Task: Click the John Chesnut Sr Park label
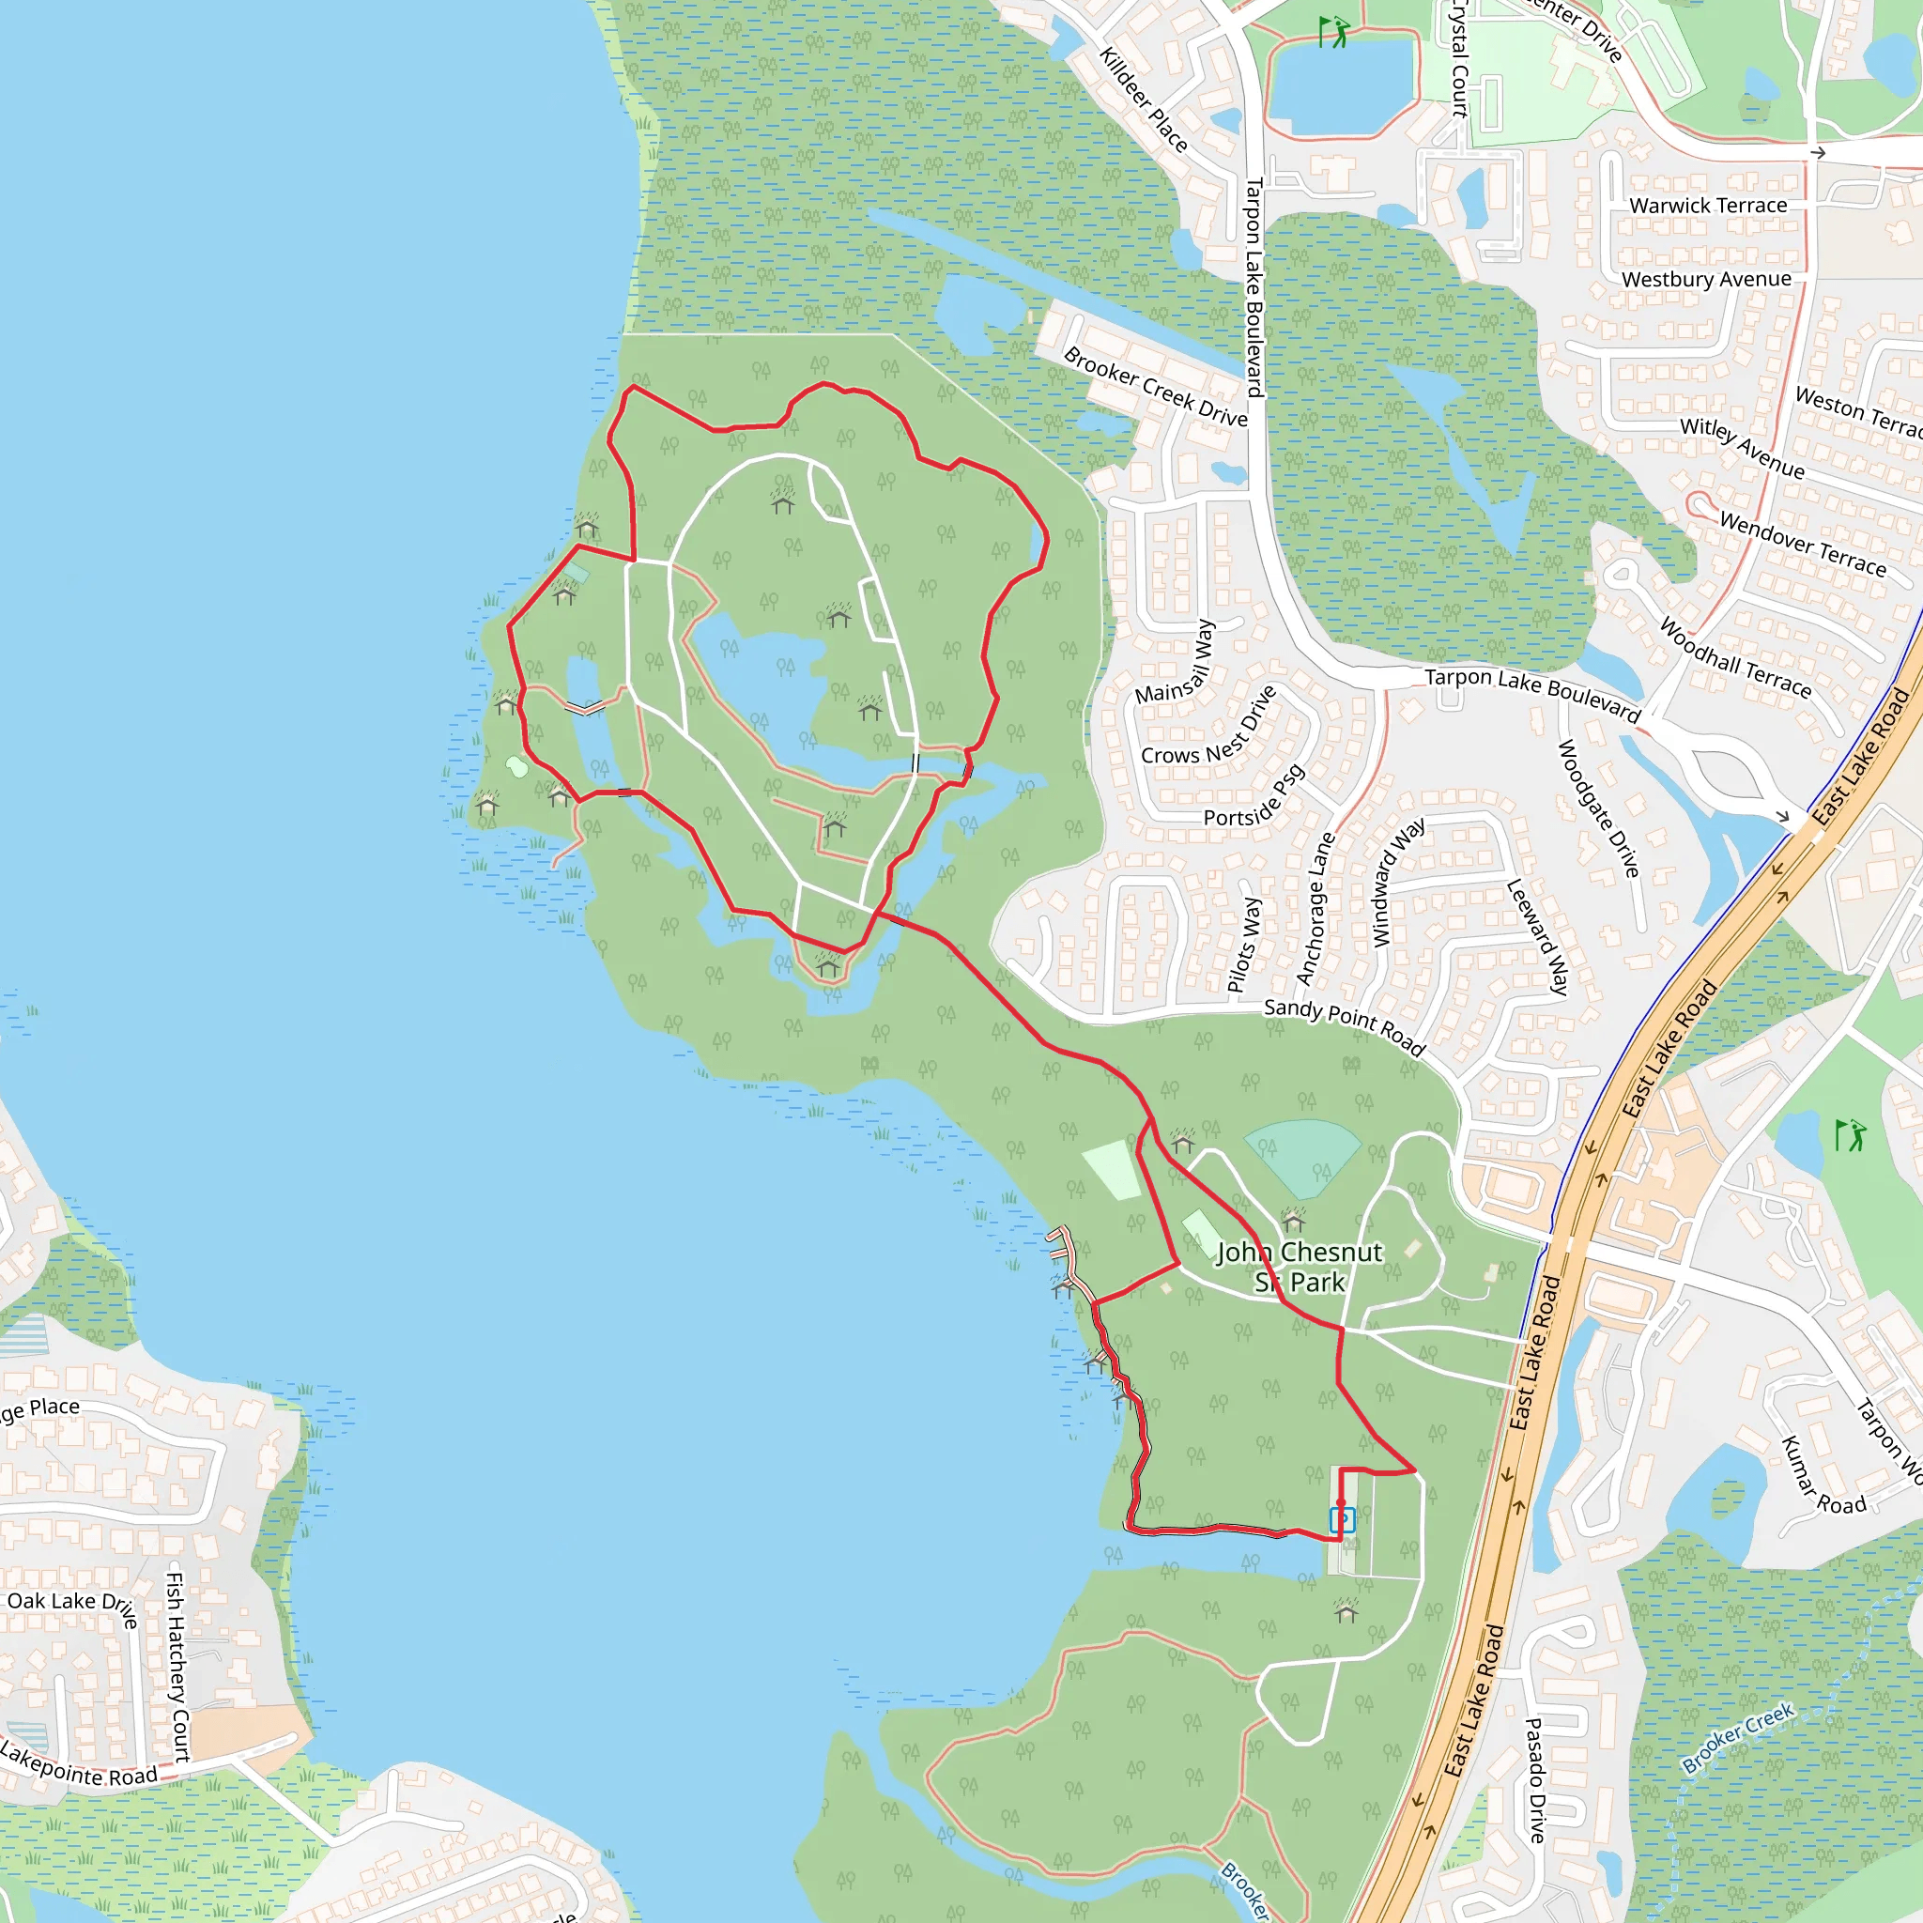coord(1299,1266)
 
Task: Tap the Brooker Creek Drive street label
coord(1155,387)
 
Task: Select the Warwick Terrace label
coord(1708,205)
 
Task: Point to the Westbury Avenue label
coord(1706,280)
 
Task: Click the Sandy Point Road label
coord(1345,1026)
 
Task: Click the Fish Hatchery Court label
coord(177,1667)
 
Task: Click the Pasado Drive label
coord(1537,1779)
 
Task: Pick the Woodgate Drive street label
coord(1597,808)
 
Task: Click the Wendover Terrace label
coord(1803,545)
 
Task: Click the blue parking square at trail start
coord(1342,1520)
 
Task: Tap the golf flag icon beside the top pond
coord(1333,32)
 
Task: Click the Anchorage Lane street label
coord(1315,908)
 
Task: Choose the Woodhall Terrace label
coord(1735,658)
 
